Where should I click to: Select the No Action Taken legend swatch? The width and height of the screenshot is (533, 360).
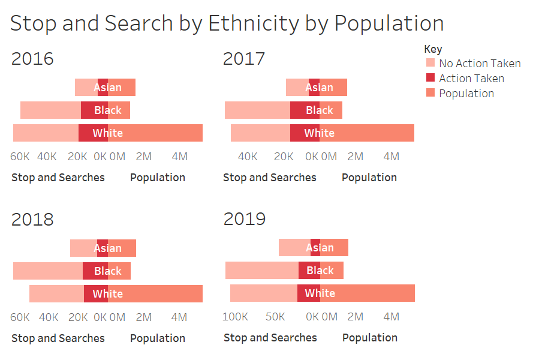point(430,63)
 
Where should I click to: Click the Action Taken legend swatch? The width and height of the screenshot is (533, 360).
point(430,78)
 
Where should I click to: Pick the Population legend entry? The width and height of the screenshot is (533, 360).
point(466,93)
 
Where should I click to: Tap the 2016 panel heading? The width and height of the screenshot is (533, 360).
point(32,59)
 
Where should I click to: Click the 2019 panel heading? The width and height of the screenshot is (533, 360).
point(245,219)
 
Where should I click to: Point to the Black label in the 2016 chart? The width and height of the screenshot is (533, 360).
point(108,110)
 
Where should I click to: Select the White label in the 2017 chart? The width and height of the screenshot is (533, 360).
point(319,133)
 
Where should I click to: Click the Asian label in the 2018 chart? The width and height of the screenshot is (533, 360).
point(108,248)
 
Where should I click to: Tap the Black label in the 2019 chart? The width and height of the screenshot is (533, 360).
point(320,271)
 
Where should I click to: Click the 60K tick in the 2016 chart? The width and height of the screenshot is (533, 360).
point(20,157)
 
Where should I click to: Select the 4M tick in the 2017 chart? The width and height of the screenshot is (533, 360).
point(391,157)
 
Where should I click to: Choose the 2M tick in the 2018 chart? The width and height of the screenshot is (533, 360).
point(144,317)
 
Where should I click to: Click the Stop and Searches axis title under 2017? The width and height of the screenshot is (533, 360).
point(269,178)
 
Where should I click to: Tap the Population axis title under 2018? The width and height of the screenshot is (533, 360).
point(158,338)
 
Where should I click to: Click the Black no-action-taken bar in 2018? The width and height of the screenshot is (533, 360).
point(48,271)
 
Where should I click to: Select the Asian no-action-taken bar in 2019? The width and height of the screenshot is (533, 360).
point(294,247)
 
